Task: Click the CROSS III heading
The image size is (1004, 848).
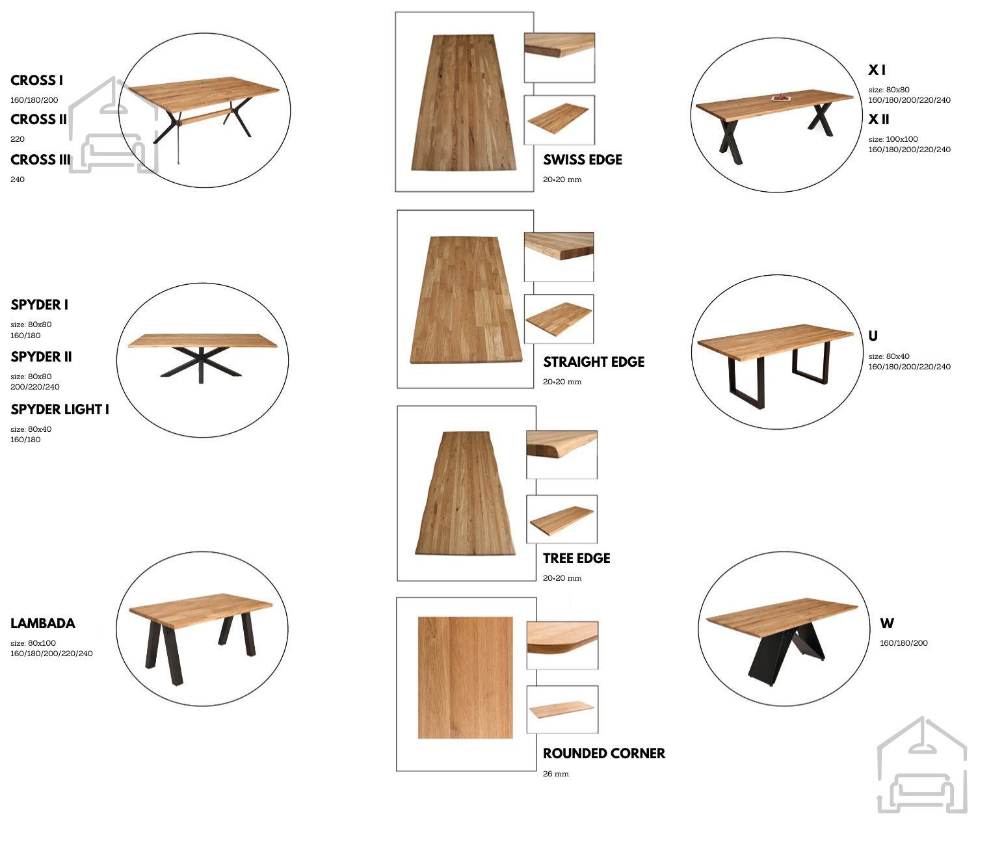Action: (x=40, y=160)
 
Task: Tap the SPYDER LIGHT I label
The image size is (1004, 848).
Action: (x=60, y=409)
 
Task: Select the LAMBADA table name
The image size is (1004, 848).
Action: (x=43, y=624)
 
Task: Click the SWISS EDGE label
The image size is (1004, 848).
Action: (x=582, y=160)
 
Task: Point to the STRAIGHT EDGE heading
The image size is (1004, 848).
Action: (x=594, y=362)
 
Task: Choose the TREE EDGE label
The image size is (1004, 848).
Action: (x=577, y=558)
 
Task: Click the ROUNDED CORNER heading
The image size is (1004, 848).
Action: (x=604, y=753)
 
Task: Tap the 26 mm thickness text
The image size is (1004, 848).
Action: (x=556, y=774)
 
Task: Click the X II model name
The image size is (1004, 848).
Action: (x=878, y=119)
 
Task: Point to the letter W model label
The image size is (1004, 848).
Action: (x=887, y=624)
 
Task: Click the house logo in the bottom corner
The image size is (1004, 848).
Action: (x=922, y=765)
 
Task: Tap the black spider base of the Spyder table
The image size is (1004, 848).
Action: (x=201, y=363)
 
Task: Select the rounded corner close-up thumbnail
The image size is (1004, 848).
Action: (x=562, y=645)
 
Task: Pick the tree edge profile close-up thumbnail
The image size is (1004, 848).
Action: (x=562, y=455)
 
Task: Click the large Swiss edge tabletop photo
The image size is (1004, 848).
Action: (x=464, y=103)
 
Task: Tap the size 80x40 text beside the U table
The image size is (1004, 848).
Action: (x=889, y=356)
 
